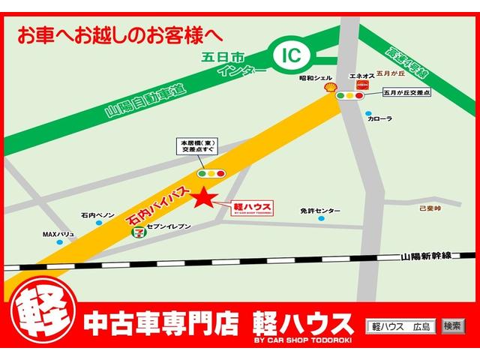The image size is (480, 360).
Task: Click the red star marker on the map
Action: (x=203, y=199)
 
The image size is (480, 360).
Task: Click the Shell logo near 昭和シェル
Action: (x=328, y=88)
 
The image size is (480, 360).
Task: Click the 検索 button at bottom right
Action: (x=452, y=326)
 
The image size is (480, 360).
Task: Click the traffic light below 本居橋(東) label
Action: (x=211, y=173)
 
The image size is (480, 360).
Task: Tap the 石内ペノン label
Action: (x=97, y=215)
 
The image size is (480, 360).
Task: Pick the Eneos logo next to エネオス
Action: (x=361, y=88)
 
